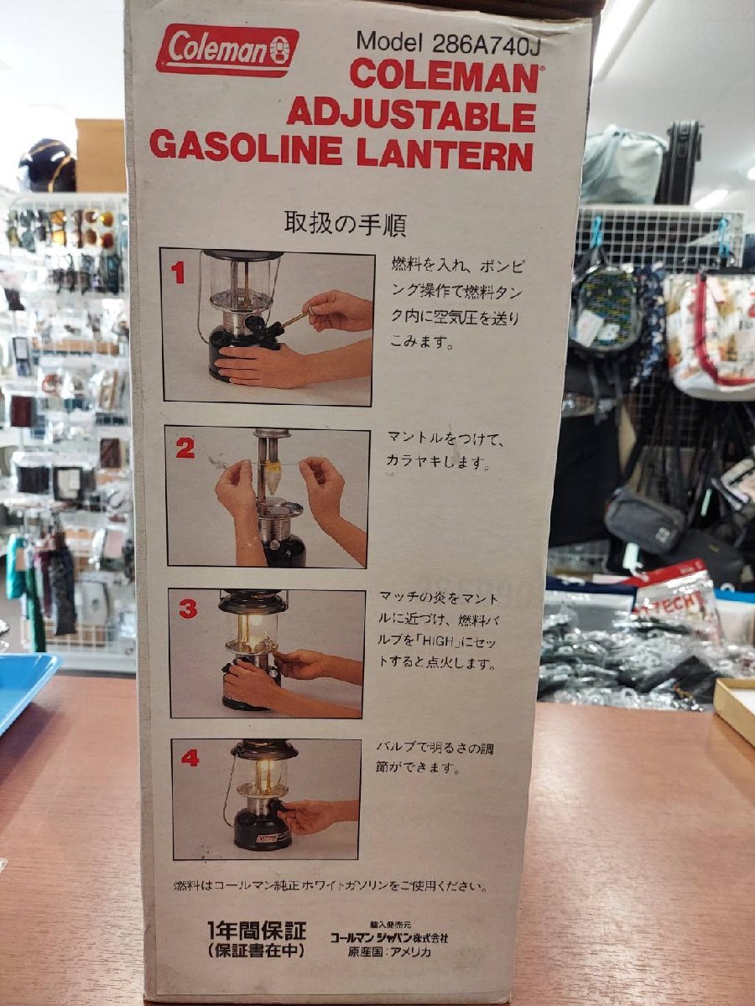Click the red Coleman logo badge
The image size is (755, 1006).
(x=227, y=50)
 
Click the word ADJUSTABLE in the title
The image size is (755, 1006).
(x=411, y=116)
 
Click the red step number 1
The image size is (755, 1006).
(x=177, y=273)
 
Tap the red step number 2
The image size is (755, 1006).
(x=185, y=449)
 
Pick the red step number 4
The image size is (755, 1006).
(x=190, y=760)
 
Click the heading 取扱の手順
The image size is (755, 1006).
(x=345, y=223)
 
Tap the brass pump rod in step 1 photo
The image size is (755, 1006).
(x=294, y=318)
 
